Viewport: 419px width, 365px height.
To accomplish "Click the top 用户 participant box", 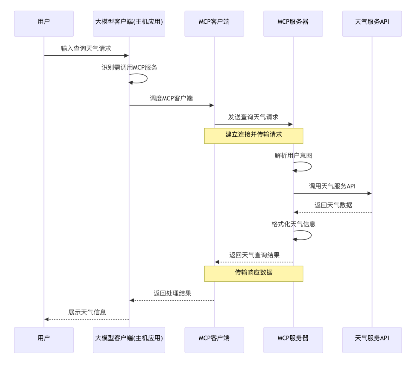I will pyautogui.click(x=44, y=24).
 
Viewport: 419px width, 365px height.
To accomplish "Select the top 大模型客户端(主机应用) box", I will pyautogui.click(x=129, y=24).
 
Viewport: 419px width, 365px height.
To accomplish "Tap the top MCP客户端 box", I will pyautogui.click(x=214, y=24).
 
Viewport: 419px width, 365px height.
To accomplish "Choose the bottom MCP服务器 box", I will pyautogui.click(x=293, y=340).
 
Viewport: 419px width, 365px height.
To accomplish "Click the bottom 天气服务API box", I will pyautogui.click(x=372, y=340).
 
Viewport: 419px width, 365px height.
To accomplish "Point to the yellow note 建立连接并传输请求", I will pyautogui.click(x=253, y=136).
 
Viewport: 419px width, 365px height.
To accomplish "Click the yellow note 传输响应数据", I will pyautogui.click(x=253, y=274).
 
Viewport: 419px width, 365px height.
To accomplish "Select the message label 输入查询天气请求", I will pyautogui.click(x=86, y=49).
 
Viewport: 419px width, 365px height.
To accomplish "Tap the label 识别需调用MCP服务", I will pyautogui.click(x=129, y=67).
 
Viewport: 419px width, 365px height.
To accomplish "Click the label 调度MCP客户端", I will pyautogui.click(x=171, y=98).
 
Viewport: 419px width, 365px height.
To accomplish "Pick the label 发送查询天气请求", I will pyautogui.click(x=253, y=117).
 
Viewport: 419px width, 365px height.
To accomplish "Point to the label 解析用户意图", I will pyautogui.click(x=293, y=156).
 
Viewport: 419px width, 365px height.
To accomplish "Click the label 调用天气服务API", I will pyautogui.click(x=332, y=186).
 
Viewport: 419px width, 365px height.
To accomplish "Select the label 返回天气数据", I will pyautogui.click(x=333, y=205).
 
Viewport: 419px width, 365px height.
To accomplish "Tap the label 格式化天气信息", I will pyautogui.click(x=293, y=224).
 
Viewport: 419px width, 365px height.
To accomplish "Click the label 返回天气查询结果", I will pyautogui.click(x=254, y=255).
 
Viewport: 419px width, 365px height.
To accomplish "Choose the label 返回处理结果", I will pyautogui.click(x=172, y=293).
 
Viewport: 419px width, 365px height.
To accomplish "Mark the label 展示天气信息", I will pyautogui.click(x=87, y=312).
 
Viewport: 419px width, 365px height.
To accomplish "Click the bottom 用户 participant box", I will pyautogui.click(x=44, y=340).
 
